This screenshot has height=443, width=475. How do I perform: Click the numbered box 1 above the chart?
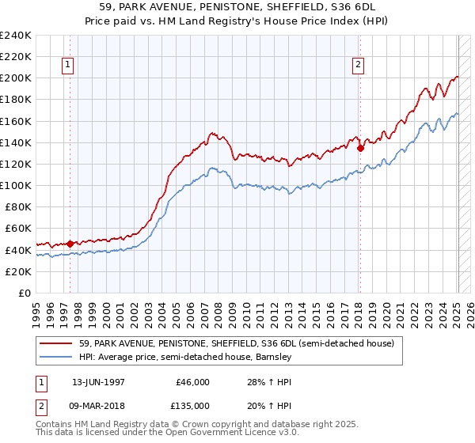pyautogui.click(x=69, y=66)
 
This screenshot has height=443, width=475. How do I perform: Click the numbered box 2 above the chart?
pyautogui.click(x=358, y=66)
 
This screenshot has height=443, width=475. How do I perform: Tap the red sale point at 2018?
pyautogui.click(x=360, y=147)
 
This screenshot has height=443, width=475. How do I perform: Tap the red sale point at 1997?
pyautogui.click(x=70, y=244)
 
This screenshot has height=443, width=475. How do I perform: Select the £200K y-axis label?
pyautogui.click(x=16, y=78)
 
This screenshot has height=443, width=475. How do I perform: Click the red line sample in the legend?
pyautogui.click(x=56, y=343)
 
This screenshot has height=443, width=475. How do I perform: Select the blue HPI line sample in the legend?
pyautogui.click(x=56, y=357)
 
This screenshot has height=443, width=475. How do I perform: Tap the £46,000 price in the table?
pyautogui.click(x=192, y=381)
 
